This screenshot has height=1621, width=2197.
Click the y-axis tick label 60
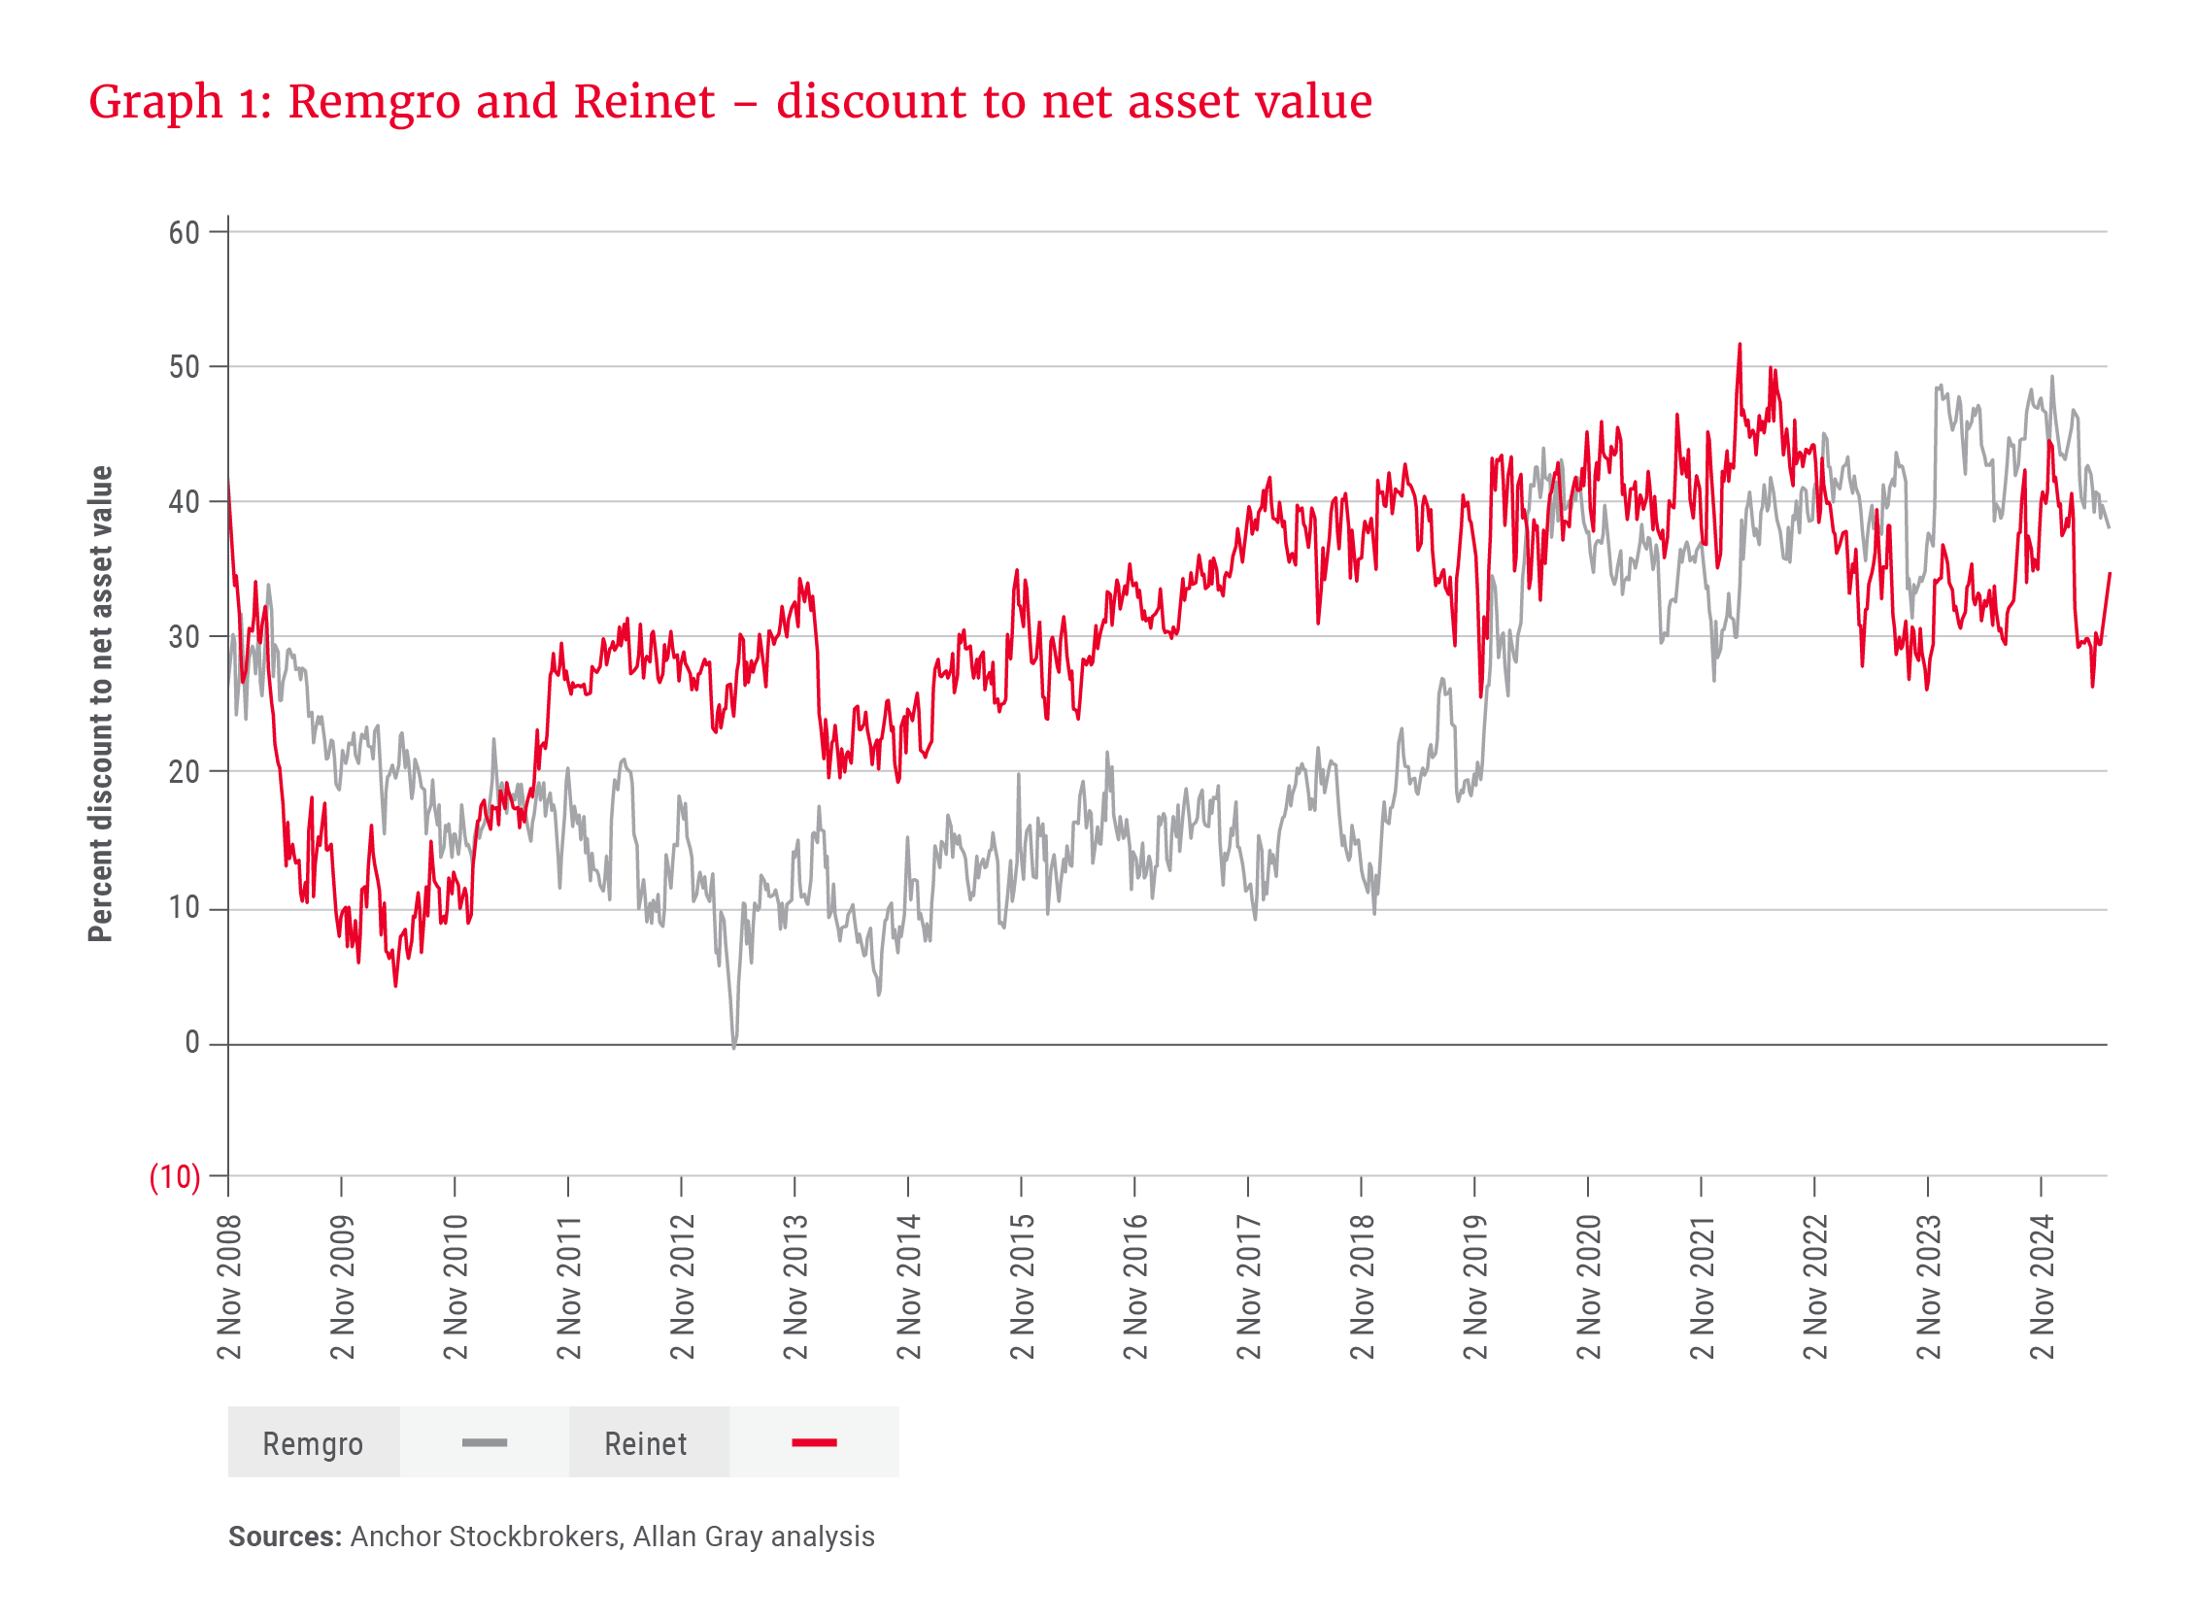click(184, 232)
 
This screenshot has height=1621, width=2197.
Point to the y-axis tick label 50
click(184, 367)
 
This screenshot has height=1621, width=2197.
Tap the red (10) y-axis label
click(175, 1176)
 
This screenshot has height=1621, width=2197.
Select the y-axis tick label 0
click(191, 1043)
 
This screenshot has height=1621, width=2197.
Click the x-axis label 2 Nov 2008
click(229, 1286)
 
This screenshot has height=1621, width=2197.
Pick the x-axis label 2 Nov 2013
click(795, 1286)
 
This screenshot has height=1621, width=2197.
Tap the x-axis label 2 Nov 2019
click(1475, 1286)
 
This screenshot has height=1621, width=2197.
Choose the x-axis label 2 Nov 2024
click(2042, 1286)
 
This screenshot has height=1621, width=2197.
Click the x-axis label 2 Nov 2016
click(1135, 1286)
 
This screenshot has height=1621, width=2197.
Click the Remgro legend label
click(313, 1444)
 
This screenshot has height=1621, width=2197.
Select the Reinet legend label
click(646, 1444)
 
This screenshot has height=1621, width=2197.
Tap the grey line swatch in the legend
click(485, 1442)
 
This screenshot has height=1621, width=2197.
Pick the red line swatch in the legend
click(815, 1442)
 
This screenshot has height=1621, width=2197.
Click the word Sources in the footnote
click(285, 1537)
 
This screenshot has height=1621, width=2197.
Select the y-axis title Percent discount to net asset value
click(100, 703)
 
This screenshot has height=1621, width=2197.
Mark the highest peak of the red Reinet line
click(1740, 345)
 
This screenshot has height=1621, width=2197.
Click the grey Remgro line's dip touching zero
click(734, 1046)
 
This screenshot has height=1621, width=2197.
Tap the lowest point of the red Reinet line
click(395, 985)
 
